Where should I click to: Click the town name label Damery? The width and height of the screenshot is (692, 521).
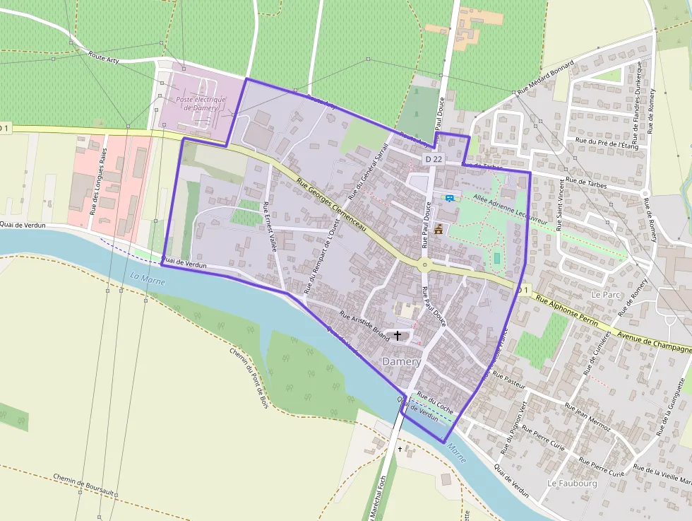401,361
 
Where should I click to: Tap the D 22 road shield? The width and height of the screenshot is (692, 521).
434,160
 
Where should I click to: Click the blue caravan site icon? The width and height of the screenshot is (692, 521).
448,198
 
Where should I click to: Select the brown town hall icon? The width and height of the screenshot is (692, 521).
439,229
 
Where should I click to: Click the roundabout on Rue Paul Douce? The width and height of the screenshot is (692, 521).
425,266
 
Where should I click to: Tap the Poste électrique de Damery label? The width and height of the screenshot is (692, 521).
201,103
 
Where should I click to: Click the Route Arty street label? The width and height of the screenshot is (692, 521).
104,57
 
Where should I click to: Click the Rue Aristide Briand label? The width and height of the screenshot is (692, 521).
364,327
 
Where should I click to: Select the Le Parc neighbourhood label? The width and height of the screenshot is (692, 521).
605,293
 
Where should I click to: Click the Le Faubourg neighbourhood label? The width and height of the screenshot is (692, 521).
572,484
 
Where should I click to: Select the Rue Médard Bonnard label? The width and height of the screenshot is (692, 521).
546,78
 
